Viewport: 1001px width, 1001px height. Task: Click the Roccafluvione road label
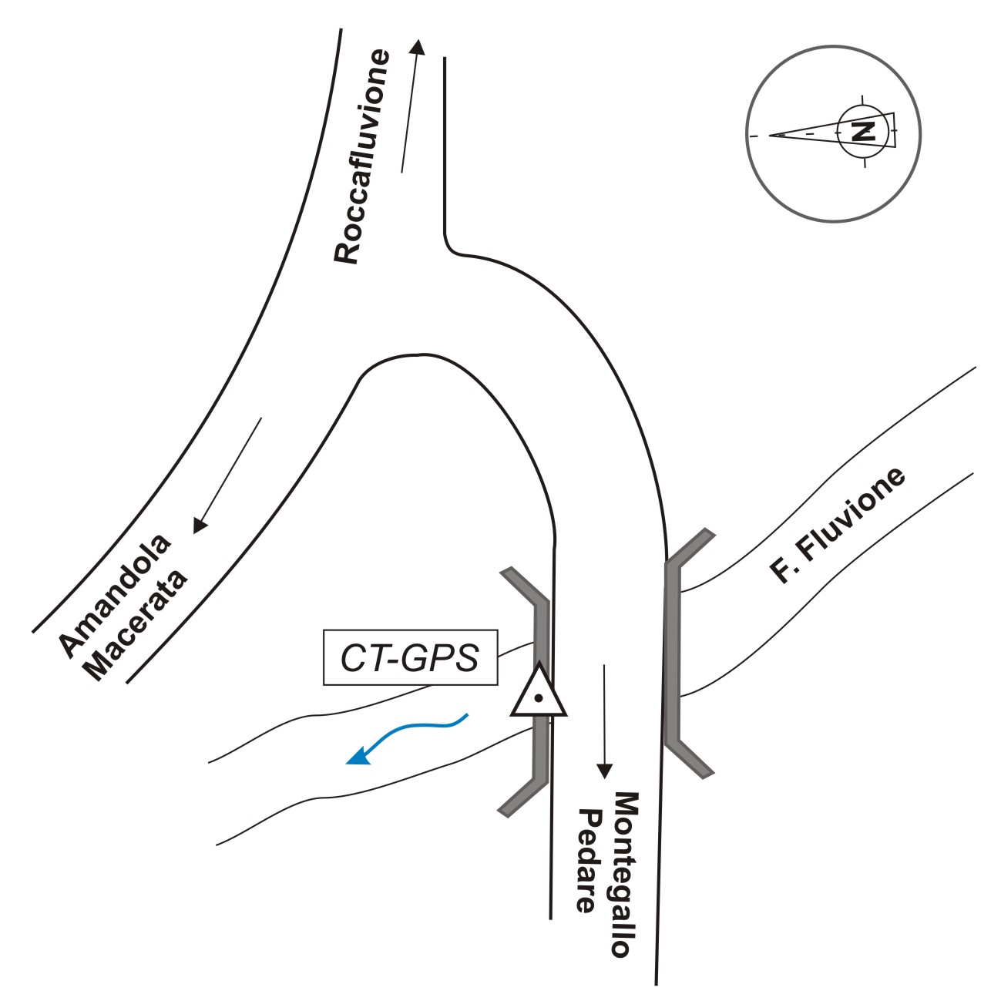pyautogui.click(x=362, y=157)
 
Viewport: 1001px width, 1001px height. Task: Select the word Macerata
pyautogui.click(x=139, y=626)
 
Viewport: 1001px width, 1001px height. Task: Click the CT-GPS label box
pyautogui.click(x=410, y=658)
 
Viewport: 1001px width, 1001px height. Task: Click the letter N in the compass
pyautogui.click(x=863, y=131)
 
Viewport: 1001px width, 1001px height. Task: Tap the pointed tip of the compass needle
pyautogui.click(x=771, y=136)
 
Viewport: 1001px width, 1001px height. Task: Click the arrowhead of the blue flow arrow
pyautogui.click(x=356, y=758)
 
